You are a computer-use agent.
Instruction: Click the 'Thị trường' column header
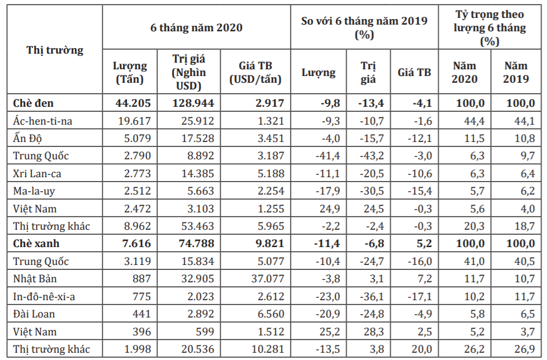(x=55, y=50)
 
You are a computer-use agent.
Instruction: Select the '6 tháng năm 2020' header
(x=197, y=27)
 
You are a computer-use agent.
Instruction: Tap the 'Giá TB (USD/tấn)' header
(x=255, y=72)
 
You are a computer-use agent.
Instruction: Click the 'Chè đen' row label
(x=33, y=103)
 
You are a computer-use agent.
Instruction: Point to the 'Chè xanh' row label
(x=36, y=243)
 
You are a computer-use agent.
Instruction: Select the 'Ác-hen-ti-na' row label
(x=42, y=121)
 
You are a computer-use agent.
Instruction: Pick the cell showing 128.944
(x=193, y=103)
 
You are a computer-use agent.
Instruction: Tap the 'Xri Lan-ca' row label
(x=37, y=173)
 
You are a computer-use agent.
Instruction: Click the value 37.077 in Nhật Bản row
(x=268, y=278)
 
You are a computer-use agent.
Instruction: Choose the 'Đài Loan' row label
(x=34, y=314)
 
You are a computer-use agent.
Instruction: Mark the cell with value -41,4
(x=327, y=156)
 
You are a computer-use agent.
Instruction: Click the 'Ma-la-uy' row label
(x=34, y=191)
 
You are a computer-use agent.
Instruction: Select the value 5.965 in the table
(x=271, y=226)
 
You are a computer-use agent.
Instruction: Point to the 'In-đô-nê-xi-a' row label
(x=44, y=296)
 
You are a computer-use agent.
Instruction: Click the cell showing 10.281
(x=268, y=349)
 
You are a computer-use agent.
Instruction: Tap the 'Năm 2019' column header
(x=516, y=72)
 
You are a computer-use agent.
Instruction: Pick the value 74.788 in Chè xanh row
(x=197, y=243)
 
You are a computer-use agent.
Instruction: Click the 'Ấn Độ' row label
(x=27, y=138)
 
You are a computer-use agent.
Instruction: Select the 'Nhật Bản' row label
(x=35, y=278)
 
